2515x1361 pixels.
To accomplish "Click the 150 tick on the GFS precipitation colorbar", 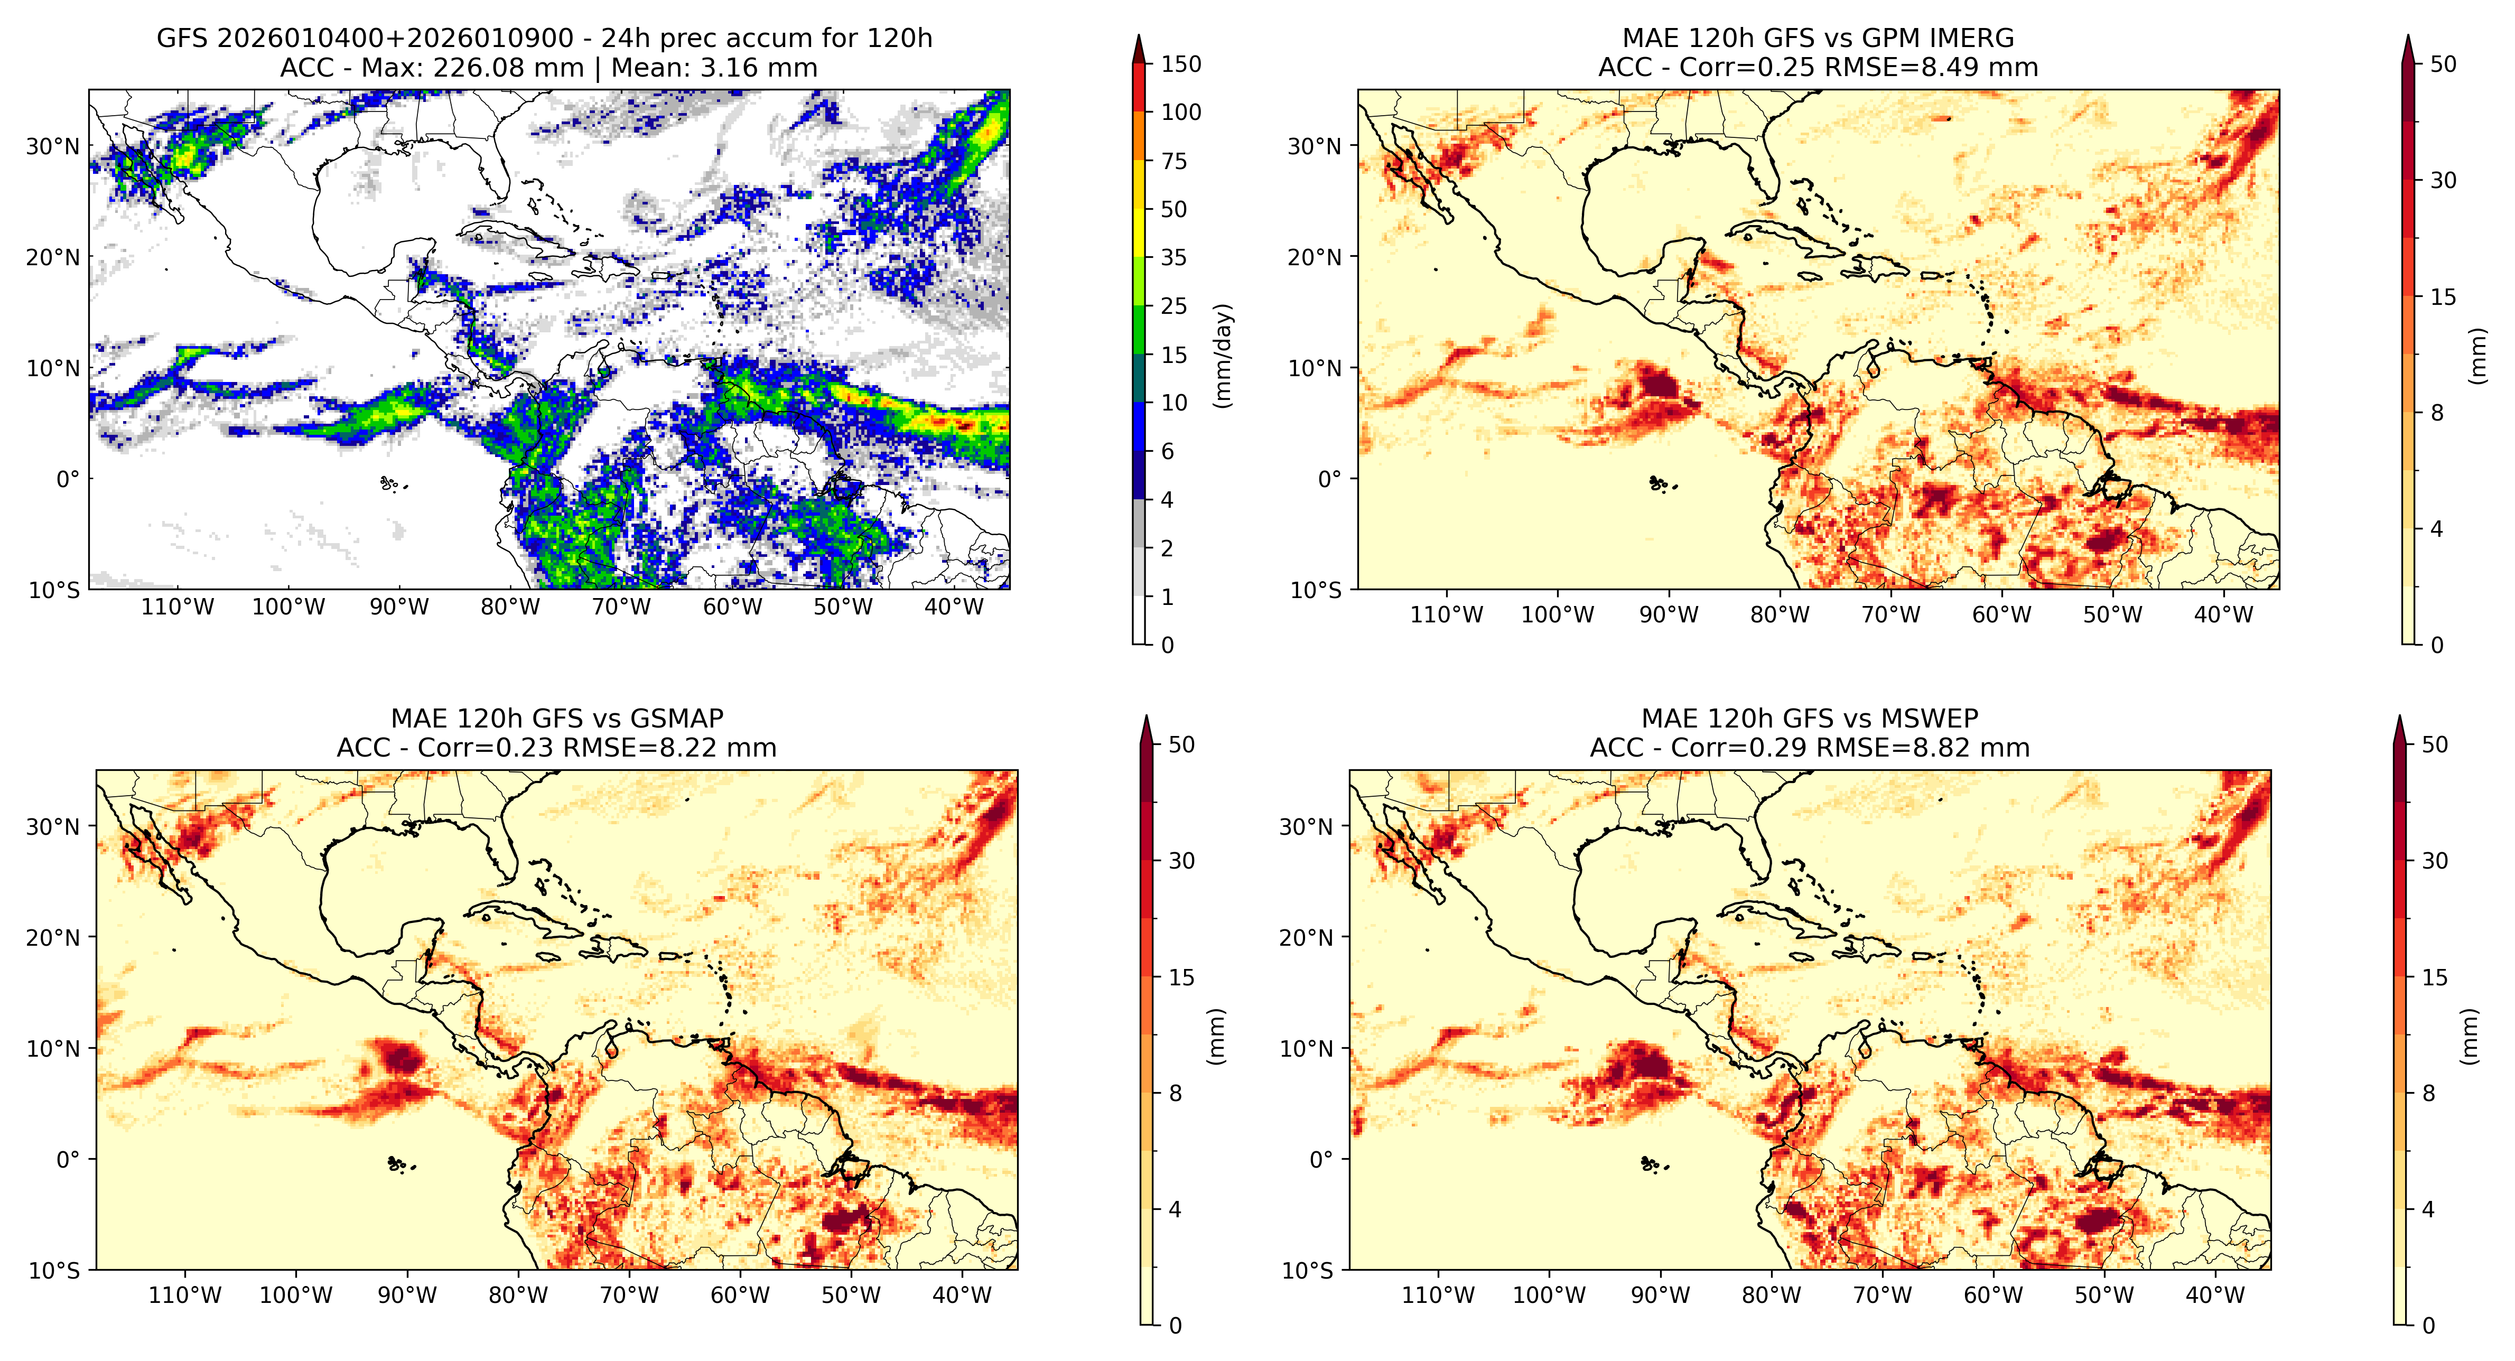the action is pyautogui.click(x=1180, y=64).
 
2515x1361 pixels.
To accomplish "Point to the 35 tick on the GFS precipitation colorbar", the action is pyautogui.click(x=1173, y=258).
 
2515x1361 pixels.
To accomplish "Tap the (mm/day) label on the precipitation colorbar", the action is pyautogui.click(x=1222, y=356).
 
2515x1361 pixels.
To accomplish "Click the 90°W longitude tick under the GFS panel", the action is pyautogui.click(x=399, y=607).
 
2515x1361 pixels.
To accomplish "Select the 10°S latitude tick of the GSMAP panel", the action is pyautogui.click(x=54, y=1270).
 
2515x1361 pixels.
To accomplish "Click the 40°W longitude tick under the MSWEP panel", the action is pyautogui.click(x=2215, y=1295).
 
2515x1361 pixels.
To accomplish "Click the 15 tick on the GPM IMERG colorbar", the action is pyautogui.click(x=2443, y=297).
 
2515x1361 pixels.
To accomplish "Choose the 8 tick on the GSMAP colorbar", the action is pyautogui.click(x=1176, y=1094).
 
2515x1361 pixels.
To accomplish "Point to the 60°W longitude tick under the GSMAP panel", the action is pyautogui.click(x=740, y=1295).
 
